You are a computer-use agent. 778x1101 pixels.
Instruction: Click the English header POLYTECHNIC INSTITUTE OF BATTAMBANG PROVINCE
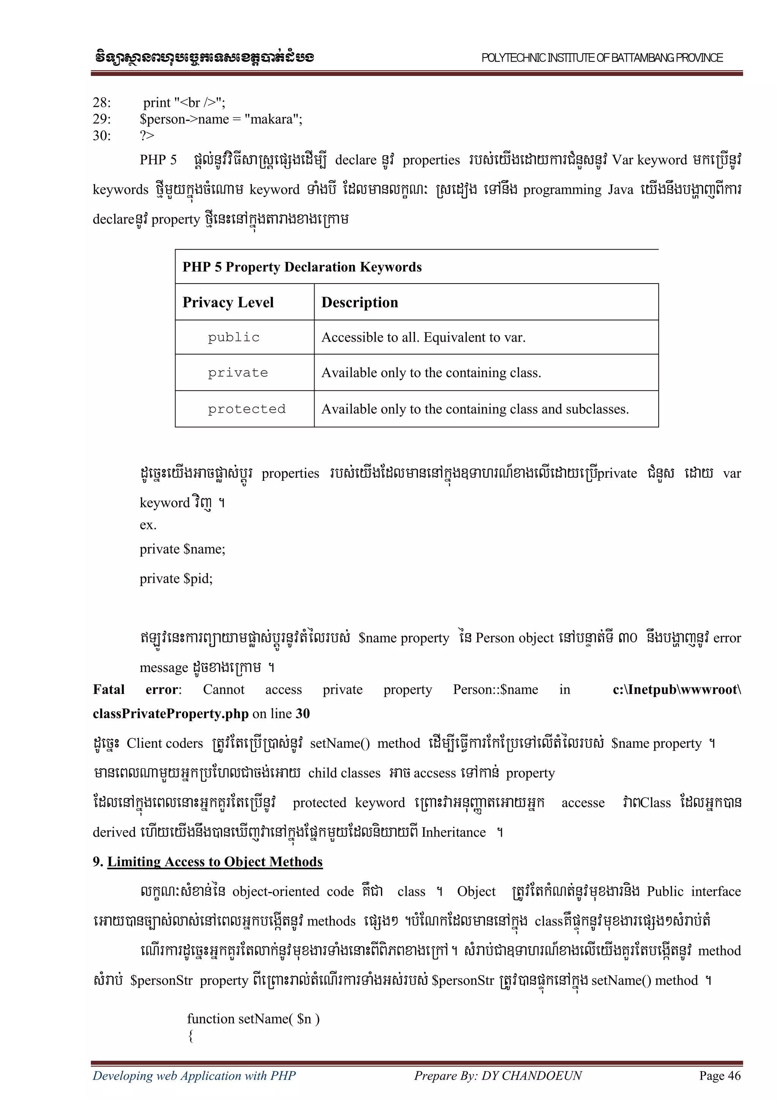602,58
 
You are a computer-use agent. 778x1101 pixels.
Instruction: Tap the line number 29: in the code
102,119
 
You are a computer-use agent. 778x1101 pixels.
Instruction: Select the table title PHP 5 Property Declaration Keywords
302,267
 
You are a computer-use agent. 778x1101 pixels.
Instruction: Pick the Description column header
359,302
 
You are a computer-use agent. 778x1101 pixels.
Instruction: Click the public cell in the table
234,337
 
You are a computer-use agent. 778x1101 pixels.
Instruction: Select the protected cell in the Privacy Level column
247,409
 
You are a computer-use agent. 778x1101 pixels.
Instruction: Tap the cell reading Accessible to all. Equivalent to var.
423,337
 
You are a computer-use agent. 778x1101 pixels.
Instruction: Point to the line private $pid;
176,579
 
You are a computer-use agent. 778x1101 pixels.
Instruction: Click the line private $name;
182,549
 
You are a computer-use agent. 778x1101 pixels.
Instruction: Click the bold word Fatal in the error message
108,689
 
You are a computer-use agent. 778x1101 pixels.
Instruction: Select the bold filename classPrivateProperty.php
171,713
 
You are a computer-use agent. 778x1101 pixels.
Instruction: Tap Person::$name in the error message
495,689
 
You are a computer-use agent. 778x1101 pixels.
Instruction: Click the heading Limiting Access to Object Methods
215,862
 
